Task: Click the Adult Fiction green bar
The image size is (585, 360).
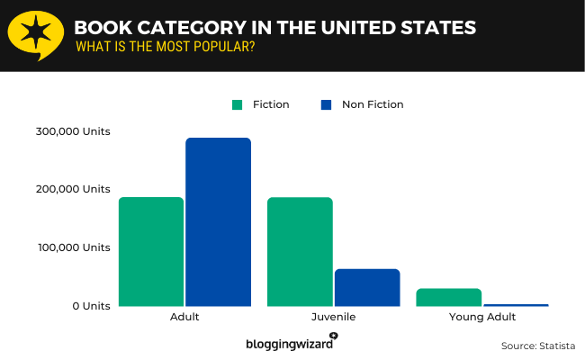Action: point(151,251)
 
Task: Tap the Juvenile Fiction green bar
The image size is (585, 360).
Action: point(300,251)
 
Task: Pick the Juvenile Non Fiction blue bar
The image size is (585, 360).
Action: point(367,287)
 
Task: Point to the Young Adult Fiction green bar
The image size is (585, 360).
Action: point(448,297)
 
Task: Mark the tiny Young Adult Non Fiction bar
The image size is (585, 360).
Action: point(516,305)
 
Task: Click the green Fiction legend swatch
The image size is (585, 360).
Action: point(238,104)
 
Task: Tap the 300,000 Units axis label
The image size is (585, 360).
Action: point(74,131)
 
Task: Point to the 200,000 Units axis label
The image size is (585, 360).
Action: point(74,189)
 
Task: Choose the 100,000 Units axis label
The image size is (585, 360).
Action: point(74,247)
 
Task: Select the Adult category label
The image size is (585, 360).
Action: point(184,318)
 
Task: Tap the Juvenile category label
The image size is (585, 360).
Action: point(333,318)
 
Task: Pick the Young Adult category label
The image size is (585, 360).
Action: point(482,318)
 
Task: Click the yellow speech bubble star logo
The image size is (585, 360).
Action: point(35,35)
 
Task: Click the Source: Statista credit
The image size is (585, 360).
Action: point(537,346)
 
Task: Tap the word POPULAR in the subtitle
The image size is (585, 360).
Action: point(222,46)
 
